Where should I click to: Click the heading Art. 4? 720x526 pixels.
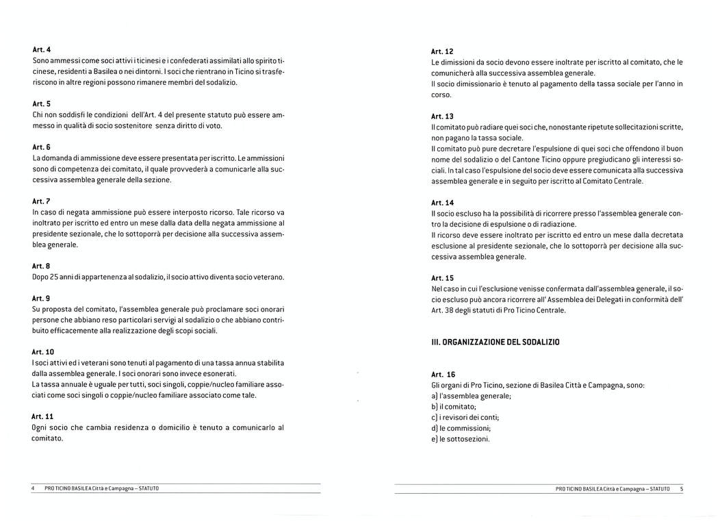click(x=42, y=49)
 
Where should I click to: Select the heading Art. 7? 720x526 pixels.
click(x=42, y=201)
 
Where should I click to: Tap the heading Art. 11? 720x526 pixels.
click(x=44, y=416)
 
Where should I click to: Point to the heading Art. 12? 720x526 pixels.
click(x=442, y=52)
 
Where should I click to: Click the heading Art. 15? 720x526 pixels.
click(x=442, y=278)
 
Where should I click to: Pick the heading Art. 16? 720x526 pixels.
click(x=443, y=375)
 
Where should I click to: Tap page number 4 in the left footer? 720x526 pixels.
click(x=33, y=488)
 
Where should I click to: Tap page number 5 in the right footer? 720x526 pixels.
click(x=682, y=488)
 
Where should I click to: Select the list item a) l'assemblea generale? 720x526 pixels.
click(x=471, y=396)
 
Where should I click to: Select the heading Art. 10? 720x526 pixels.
click(x=44, y=351)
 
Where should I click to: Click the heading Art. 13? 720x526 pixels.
click(x=442, y=116)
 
